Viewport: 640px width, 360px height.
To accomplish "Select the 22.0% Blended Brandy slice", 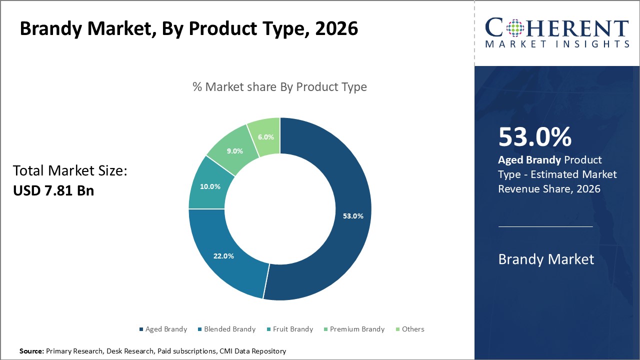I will tap(223, 256).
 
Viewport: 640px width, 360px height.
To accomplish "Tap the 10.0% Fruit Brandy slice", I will tap(209, 186).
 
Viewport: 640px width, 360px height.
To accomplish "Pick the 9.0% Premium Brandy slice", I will tap(234, 150).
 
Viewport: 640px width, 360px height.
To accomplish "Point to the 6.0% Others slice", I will tap(265, 137).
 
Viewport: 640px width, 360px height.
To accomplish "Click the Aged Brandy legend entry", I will tap(162, 329).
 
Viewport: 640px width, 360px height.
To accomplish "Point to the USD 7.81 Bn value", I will tap(53, 190).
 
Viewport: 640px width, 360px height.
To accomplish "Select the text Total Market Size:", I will tap(70, 171).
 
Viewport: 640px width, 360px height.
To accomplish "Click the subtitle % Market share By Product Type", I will tap(279, 87).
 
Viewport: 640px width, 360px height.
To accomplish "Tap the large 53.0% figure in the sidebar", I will tap(534, 137).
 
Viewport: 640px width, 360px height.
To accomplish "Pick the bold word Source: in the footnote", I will tap(31, 351).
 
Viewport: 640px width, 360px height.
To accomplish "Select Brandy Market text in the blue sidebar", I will tap(546, 259).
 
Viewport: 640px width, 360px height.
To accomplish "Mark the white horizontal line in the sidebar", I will tap(545, 226).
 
